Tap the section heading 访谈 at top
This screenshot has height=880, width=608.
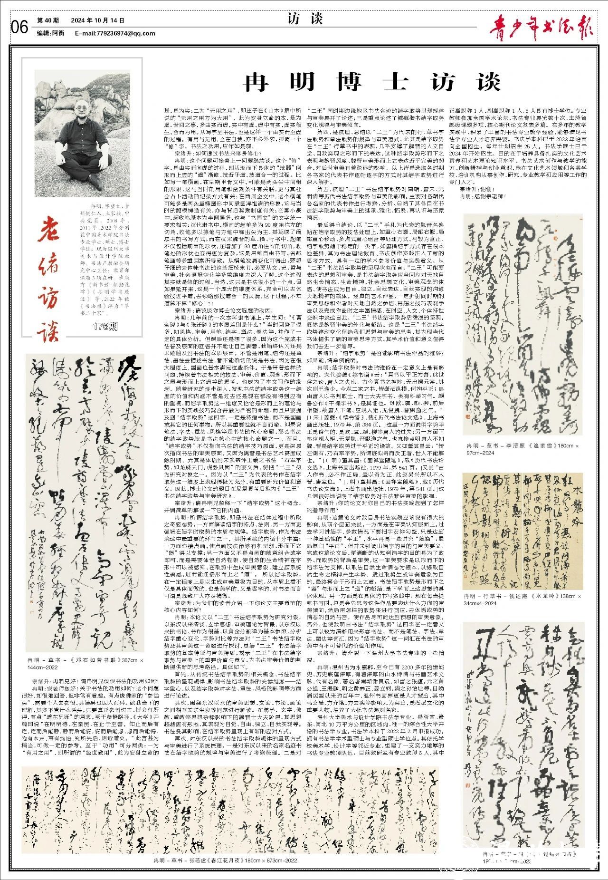(305, 19)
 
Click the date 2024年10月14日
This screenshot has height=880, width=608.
(98, 20)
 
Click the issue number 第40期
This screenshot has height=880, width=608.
(48, 20)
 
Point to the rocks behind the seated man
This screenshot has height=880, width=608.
(57, 95)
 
